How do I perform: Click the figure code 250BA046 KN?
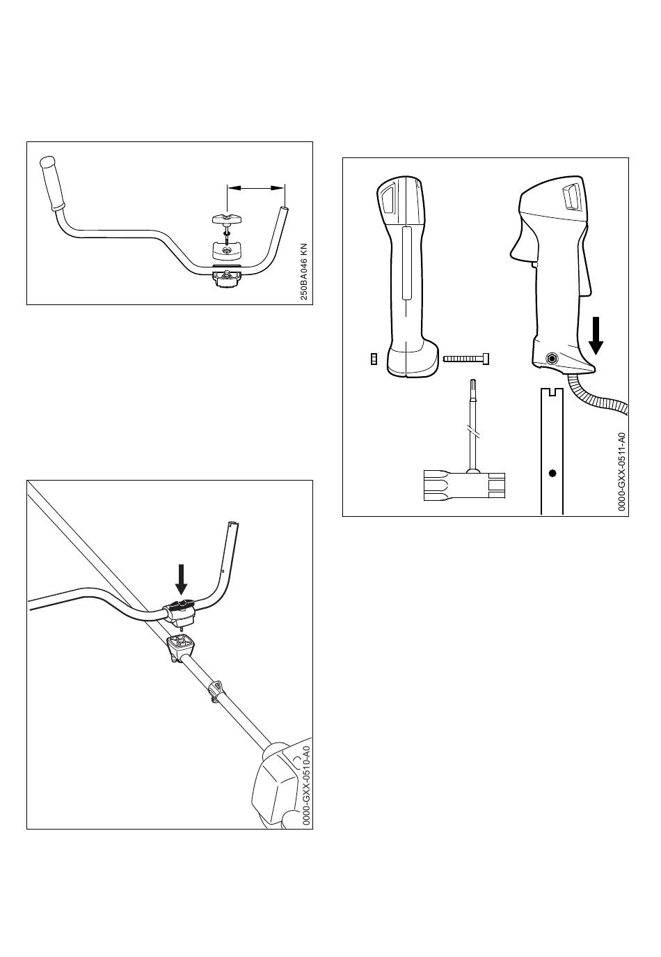point(303,272)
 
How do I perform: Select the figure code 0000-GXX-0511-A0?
point(622,472)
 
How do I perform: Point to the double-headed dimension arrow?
point(255,187)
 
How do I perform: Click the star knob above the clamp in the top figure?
point(227,219)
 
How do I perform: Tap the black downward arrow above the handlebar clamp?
point(182,579)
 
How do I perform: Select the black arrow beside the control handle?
point(596,336)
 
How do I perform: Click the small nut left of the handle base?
point(374,359)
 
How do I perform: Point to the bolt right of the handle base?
point(466,359)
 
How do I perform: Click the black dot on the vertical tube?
point(552,473)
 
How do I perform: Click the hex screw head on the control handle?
point(553,358)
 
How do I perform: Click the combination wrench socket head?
point(464,485)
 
